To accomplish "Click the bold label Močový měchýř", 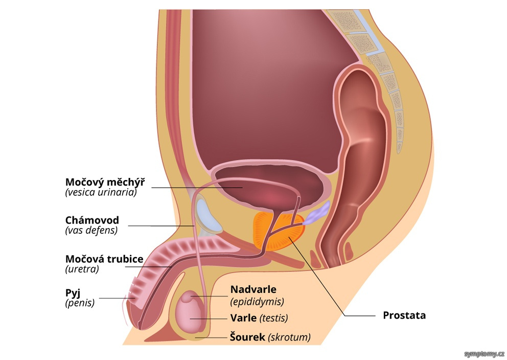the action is (x=105, y=182).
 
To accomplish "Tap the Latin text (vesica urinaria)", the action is (x=101, y=192).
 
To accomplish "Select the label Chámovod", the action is (x=92, y=220).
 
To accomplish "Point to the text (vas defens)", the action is (x=91, y=230).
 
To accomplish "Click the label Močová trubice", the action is (x=104, y=259).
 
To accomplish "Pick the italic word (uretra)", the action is (x=82, y=269).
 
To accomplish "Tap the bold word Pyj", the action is (x=73, y=293).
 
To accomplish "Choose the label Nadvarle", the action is (x=253, y=289).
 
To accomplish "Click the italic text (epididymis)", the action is (x=257, y=302).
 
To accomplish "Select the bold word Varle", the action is (x=243, y=318).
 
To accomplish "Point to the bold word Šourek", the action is (x=247, y=336).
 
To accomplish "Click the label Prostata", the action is (x=404, y=315).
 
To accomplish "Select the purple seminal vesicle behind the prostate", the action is (x=317, y=213).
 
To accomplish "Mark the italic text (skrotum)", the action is (x=289, y=337).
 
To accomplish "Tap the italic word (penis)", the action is (x=80, y=303).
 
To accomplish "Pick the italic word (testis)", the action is (x=273, y=318).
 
